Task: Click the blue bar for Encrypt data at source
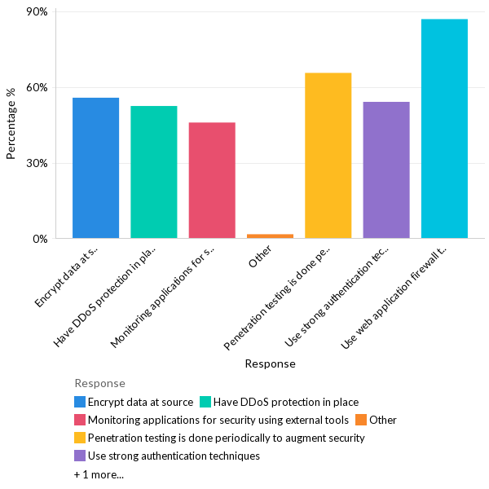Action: click(95, 168)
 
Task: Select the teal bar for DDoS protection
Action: click(153, 172)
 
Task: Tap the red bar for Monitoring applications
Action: click(212, 180)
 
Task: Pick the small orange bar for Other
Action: click(270, 236)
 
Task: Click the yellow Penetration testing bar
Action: click(328, 156)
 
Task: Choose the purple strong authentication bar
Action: click(386, 170)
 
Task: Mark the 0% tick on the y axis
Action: click(41, 239)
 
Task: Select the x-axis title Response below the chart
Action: click(270, 363)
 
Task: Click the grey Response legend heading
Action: click(99, 383)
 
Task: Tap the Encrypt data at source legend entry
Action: click(140, 402)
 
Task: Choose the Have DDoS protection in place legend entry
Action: click(286, 402)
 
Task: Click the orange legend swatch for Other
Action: click(361, 420)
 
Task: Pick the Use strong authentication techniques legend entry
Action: click(174, 456)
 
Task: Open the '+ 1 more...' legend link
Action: click(99, 474)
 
